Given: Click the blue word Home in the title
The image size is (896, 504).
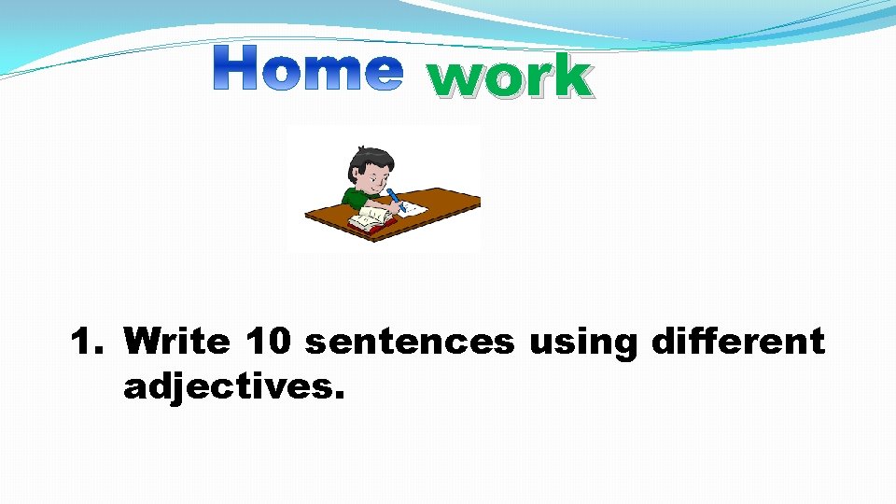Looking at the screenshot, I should pos(308,68).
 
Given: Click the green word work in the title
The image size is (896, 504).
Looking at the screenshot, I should pos(510,76).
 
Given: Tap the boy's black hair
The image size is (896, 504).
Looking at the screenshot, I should pos(364,159).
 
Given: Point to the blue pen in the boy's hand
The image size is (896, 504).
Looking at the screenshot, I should pos(396,198).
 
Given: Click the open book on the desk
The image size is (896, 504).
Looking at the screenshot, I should pos(369,220).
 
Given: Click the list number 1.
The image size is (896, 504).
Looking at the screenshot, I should pos(87,342).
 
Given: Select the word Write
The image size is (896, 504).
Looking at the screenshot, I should pos(176,342).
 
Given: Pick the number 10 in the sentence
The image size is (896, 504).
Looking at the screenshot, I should pos(270,342).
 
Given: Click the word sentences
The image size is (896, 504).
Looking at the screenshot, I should pos(410,343).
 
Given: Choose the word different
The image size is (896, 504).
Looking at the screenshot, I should pos(737,342).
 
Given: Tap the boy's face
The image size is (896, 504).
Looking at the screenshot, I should pos(372,175).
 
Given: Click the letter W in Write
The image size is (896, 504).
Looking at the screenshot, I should pos(140,342).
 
